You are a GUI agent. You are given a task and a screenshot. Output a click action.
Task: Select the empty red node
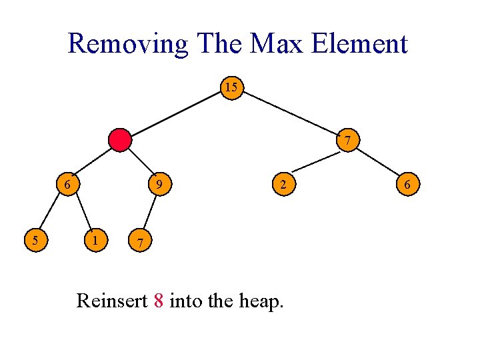pos(121,140)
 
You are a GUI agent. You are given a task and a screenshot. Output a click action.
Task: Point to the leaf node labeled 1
pos(97,239)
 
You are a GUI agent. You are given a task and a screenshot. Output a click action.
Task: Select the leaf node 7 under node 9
pos(139,241)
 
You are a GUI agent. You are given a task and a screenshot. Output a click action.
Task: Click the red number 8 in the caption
pos(158,301)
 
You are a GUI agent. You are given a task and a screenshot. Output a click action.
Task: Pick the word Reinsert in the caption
pos(112,301)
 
